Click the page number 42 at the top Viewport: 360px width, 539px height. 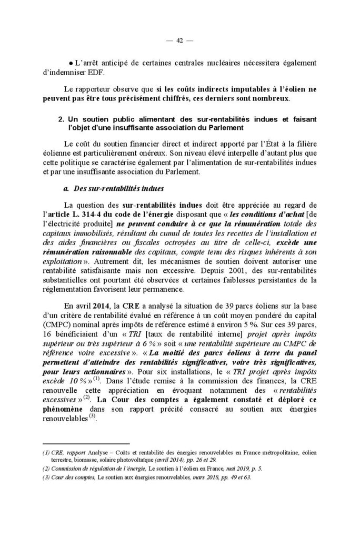click(180, 41)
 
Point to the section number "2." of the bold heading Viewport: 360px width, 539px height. click(61, 120)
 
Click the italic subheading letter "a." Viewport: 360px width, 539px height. click(66, 188)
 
